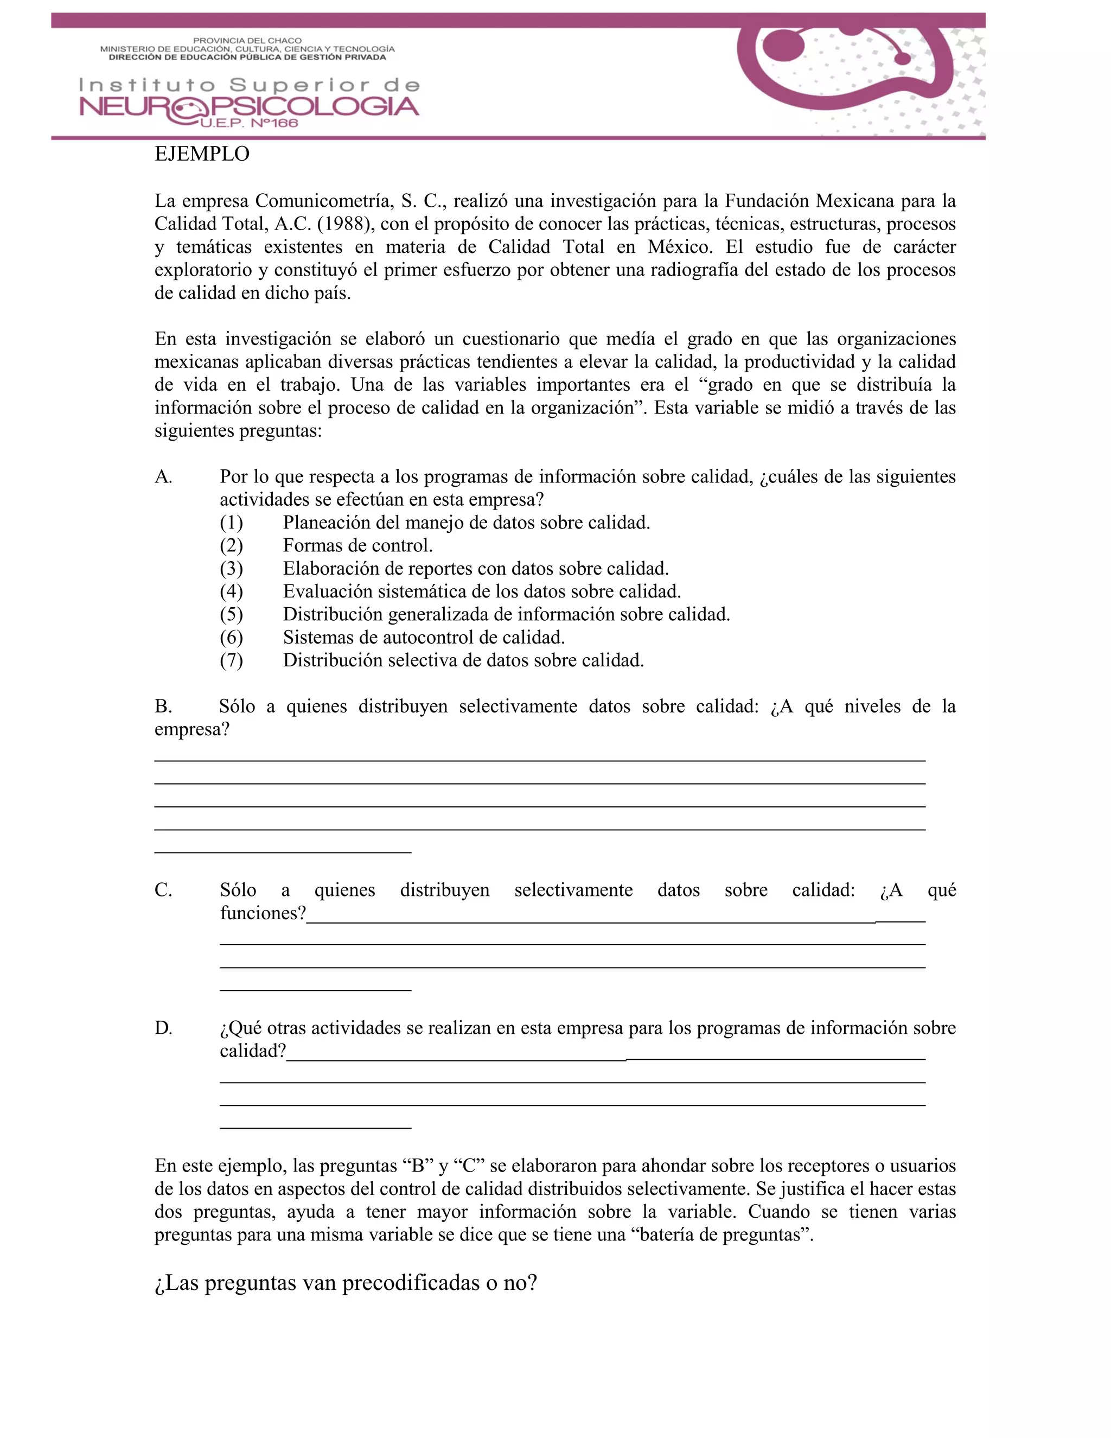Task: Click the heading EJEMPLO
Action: [x=201, y=154]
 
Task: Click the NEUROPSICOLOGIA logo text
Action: [x=249, y=107]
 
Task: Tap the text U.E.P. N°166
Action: [x=249, y=124]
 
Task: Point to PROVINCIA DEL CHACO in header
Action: [x=247, y=41]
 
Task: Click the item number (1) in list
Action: [x=231, y=523]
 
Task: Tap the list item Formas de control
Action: [x=357, y=546]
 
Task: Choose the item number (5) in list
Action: [x=231, y=614]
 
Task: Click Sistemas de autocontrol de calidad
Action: [x=424, y=638]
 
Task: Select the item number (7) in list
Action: [x=231, y=660]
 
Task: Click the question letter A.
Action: [x=163, y=476]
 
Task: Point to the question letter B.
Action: [x=163, y=707]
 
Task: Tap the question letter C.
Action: [x=163, y=890]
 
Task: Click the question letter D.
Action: [x=163, y=1028]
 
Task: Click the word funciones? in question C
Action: [x=263, y=913]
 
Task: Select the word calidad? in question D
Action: [x=253, y=1051]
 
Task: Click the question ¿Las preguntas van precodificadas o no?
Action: [x=346, y=1283]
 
